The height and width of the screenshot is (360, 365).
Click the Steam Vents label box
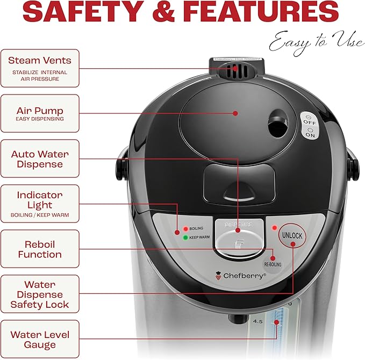(40, 68)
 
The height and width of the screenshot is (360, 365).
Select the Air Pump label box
(40, 113)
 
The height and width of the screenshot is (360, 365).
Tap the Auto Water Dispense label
(40, 159)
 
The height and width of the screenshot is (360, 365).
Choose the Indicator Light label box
(40, 204)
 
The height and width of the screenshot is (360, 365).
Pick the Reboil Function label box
(40, 249)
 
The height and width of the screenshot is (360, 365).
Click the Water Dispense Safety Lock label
(40, 294)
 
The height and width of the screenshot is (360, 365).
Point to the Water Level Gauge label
(40, 339)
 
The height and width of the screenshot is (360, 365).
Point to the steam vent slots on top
(235, 70)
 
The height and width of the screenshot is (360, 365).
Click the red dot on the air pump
(235, 113)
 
